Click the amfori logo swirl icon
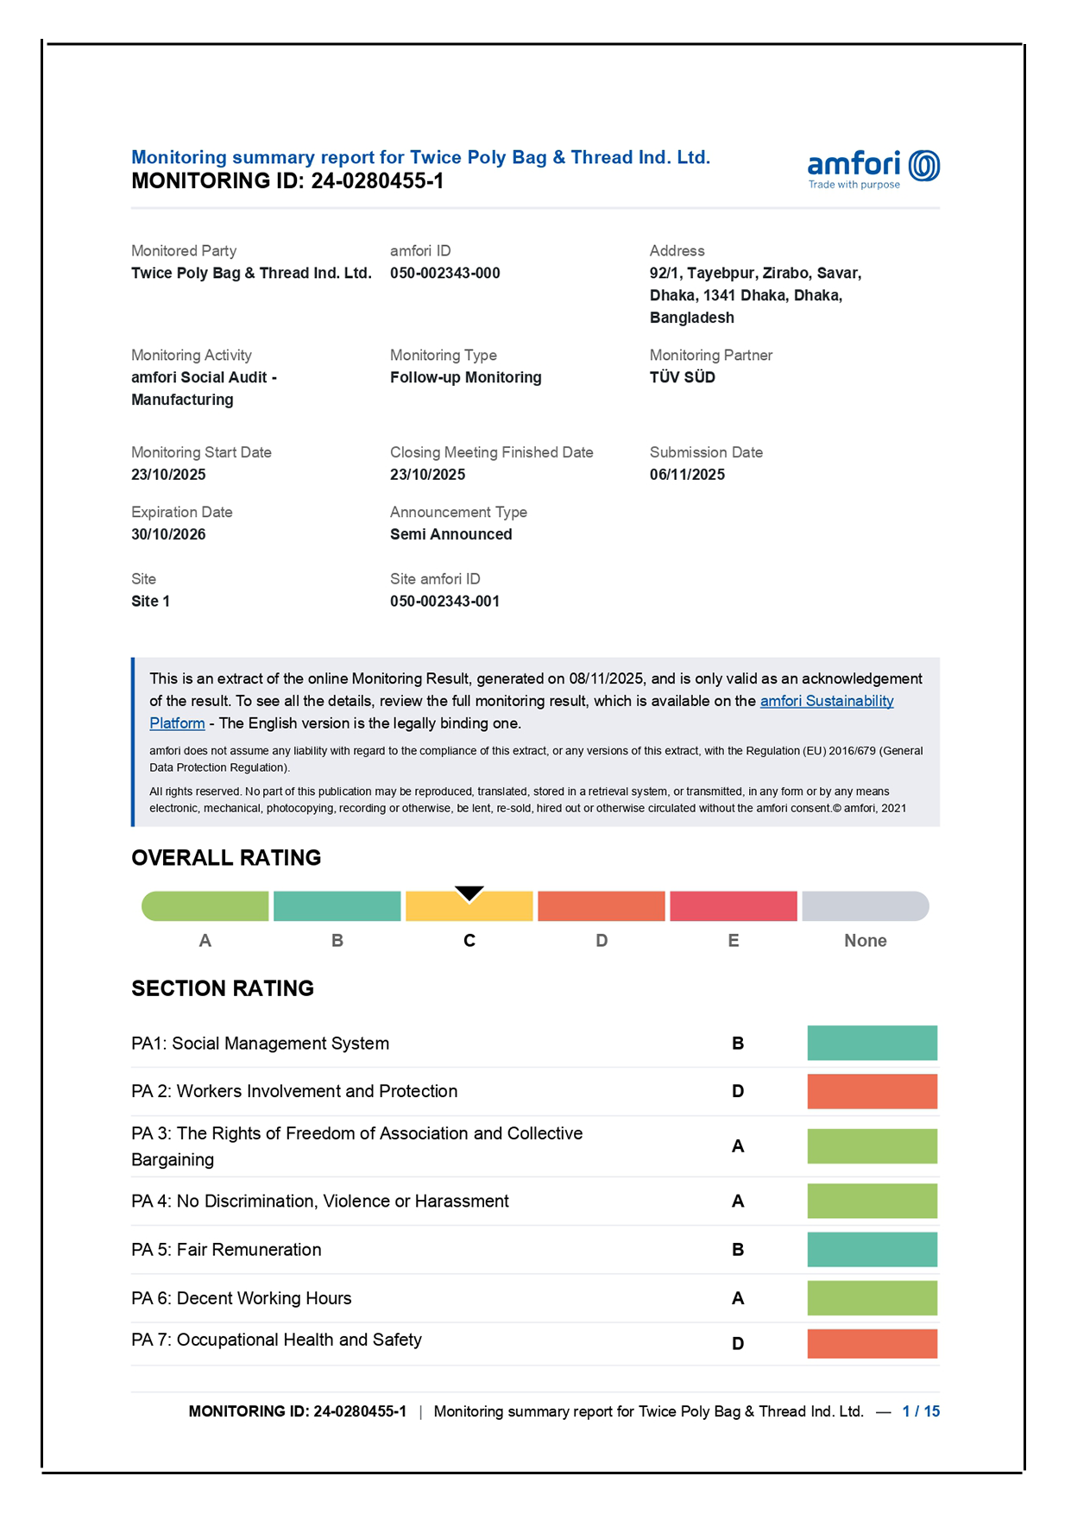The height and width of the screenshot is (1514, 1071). tap(924, 166)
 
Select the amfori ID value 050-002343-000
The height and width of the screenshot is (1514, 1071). tap(444, 274)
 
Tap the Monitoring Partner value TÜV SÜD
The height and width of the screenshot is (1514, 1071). tap(682, 377)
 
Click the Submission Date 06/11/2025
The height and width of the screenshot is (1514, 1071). tap(687, 475)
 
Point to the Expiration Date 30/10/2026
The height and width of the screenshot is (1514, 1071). tap(168, 534)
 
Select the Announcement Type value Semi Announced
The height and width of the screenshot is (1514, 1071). tap(450, 534)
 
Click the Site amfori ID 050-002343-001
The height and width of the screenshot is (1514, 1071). tap(444, 602)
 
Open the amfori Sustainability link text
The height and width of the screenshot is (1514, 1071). tap(826, 701)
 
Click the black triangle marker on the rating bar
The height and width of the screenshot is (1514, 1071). tap(469, 893)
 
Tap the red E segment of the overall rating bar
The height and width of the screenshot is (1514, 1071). tap(733, 906)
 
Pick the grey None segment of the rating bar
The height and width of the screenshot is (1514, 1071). tap(865, 906)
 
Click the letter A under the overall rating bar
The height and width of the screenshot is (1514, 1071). tap(205, 941)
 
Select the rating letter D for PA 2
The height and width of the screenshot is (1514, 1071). tap(738, 1092)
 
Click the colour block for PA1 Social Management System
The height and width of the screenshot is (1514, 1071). tap(872, 1043)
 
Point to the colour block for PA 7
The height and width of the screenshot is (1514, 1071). tap(872, 1344)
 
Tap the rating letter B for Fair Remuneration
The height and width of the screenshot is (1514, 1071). tap(738, 1250)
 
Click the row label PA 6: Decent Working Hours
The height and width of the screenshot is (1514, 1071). tap(242, 1298)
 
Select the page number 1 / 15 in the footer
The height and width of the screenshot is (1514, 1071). tap(921, 1411)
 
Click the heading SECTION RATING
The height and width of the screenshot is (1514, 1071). tap(223, 988)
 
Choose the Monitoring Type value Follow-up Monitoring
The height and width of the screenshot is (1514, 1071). tap(465, 377)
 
